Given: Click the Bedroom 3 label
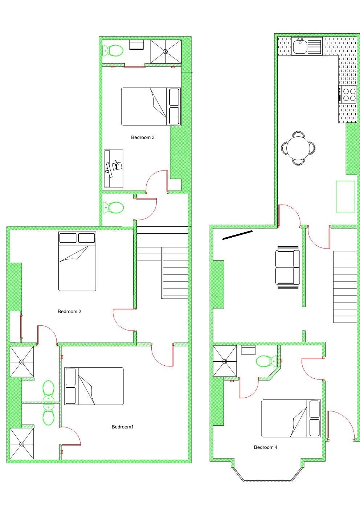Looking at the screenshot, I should click(x=143, y=137).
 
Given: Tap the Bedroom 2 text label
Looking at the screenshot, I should click(x=69, y=312).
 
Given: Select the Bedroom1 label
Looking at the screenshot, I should click(x=122, y=427).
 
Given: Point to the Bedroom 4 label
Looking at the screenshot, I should click(x=265, y=447).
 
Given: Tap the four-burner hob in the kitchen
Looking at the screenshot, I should click(x=348, y=95).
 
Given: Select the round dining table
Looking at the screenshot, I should click(x=298, y=148).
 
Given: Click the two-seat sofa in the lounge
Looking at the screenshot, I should click(x=288, y=267).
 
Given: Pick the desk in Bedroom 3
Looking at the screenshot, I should click(x=113, y=169).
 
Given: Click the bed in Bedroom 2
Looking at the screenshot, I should click(x=77, y=261).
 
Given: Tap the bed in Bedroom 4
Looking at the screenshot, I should click(x=291, y=418).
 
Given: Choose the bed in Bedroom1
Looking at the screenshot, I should click(x=94, y=386).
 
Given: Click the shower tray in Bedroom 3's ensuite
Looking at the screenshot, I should click(x=165, y=51).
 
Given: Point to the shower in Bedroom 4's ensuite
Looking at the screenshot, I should click(x=225, y=361).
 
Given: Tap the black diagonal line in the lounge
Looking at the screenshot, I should click(x=237, y=235).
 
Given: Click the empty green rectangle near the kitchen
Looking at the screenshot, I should click(x=345, y=196).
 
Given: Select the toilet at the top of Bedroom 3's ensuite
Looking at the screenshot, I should click(x=113, y=51).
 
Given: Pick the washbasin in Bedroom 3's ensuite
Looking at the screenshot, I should click(x=137, y=45).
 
